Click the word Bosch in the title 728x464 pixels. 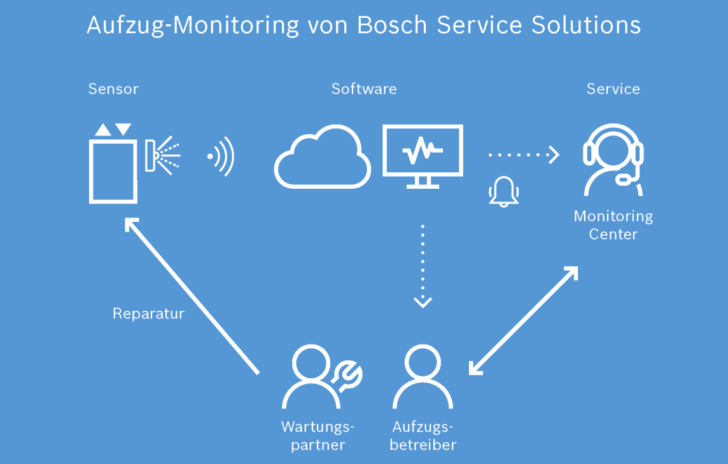pos(392,25)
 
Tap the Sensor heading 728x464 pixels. pos(113,88)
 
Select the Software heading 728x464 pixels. pos(364,88)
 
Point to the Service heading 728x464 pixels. pos(613,88)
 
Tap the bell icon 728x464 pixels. pos(504,191)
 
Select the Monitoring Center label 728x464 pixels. pos(613,225)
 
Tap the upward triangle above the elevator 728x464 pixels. pos(103,130)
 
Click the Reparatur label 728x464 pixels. pos(148,314)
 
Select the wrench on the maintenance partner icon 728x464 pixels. pos(347,376)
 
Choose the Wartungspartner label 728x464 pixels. pos(318,435)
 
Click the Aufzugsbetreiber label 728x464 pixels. pos(423,435)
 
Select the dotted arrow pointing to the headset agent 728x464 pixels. pos(524,155)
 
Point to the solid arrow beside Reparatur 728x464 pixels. pos(192,296)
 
